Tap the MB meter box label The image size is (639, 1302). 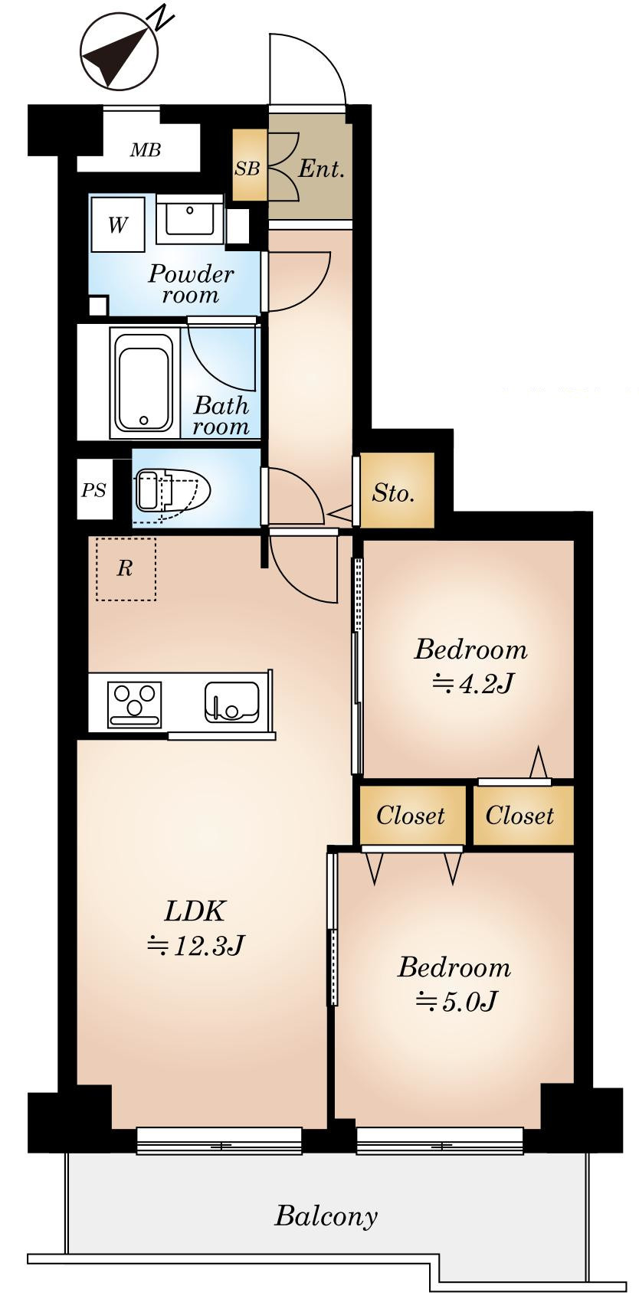[x=146, y=151]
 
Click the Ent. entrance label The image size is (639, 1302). [x=322, y=169]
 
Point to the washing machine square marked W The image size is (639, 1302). [x=118, y=224]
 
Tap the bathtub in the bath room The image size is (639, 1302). [x=143, y=384]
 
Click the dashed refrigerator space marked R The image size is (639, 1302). [x=126, y=569]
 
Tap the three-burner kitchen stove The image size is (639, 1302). [x=134, y=705]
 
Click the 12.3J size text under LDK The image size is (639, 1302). [x=196, y=945]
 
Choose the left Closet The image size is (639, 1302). [x=411, y=815]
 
